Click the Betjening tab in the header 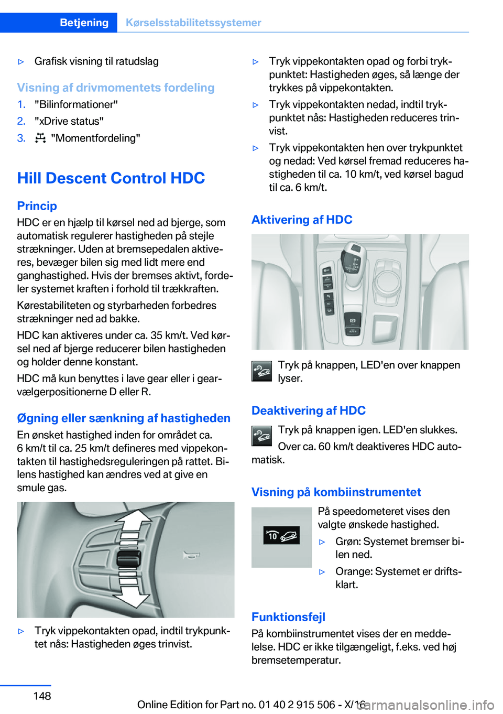(x=84, y=23)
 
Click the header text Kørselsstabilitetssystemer (x=193, y=23)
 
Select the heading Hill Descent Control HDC (x=111, y=178)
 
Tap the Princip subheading (x=37, y=206)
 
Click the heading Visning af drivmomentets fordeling (x=116, y=88)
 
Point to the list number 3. (x=21, y=138)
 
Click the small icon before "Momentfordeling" (x=40, y=138)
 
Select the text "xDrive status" (x=69, y=121)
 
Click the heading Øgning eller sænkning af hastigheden (x=124, y=418)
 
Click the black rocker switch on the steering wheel (x=129, y=559)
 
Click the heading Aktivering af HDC (x=302, y=220)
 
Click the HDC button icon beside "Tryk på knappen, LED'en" (x=261, y=371)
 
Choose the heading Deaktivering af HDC (x=309, y=410)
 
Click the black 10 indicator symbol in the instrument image (x=281, y=535)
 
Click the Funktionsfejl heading (x=288, y=617)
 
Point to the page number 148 (x=42, y=696)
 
